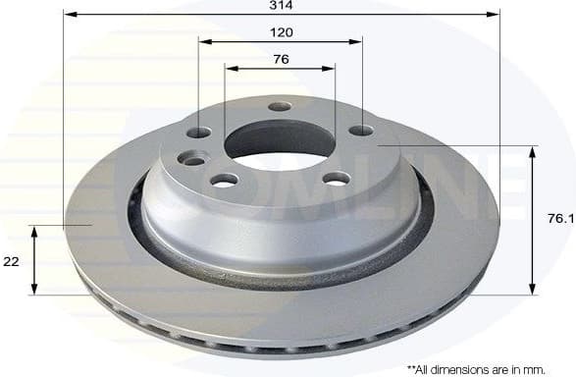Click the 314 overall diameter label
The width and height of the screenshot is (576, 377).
tap(282, 5)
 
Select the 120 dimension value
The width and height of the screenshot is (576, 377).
tap(281, 32)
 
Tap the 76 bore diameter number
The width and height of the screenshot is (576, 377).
tap(281, 59)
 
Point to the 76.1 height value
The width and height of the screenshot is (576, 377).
tap(559, 219)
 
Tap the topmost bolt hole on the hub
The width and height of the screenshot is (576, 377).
tap(280, 106)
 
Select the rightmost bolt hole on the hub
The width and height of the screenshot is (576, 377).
tap(361, 130)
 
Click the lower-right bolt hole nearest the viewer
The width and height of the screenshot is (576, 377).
tap(336, 178)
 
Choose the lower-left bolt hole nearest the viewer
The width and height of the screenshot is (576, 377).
tap(225, 180)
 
